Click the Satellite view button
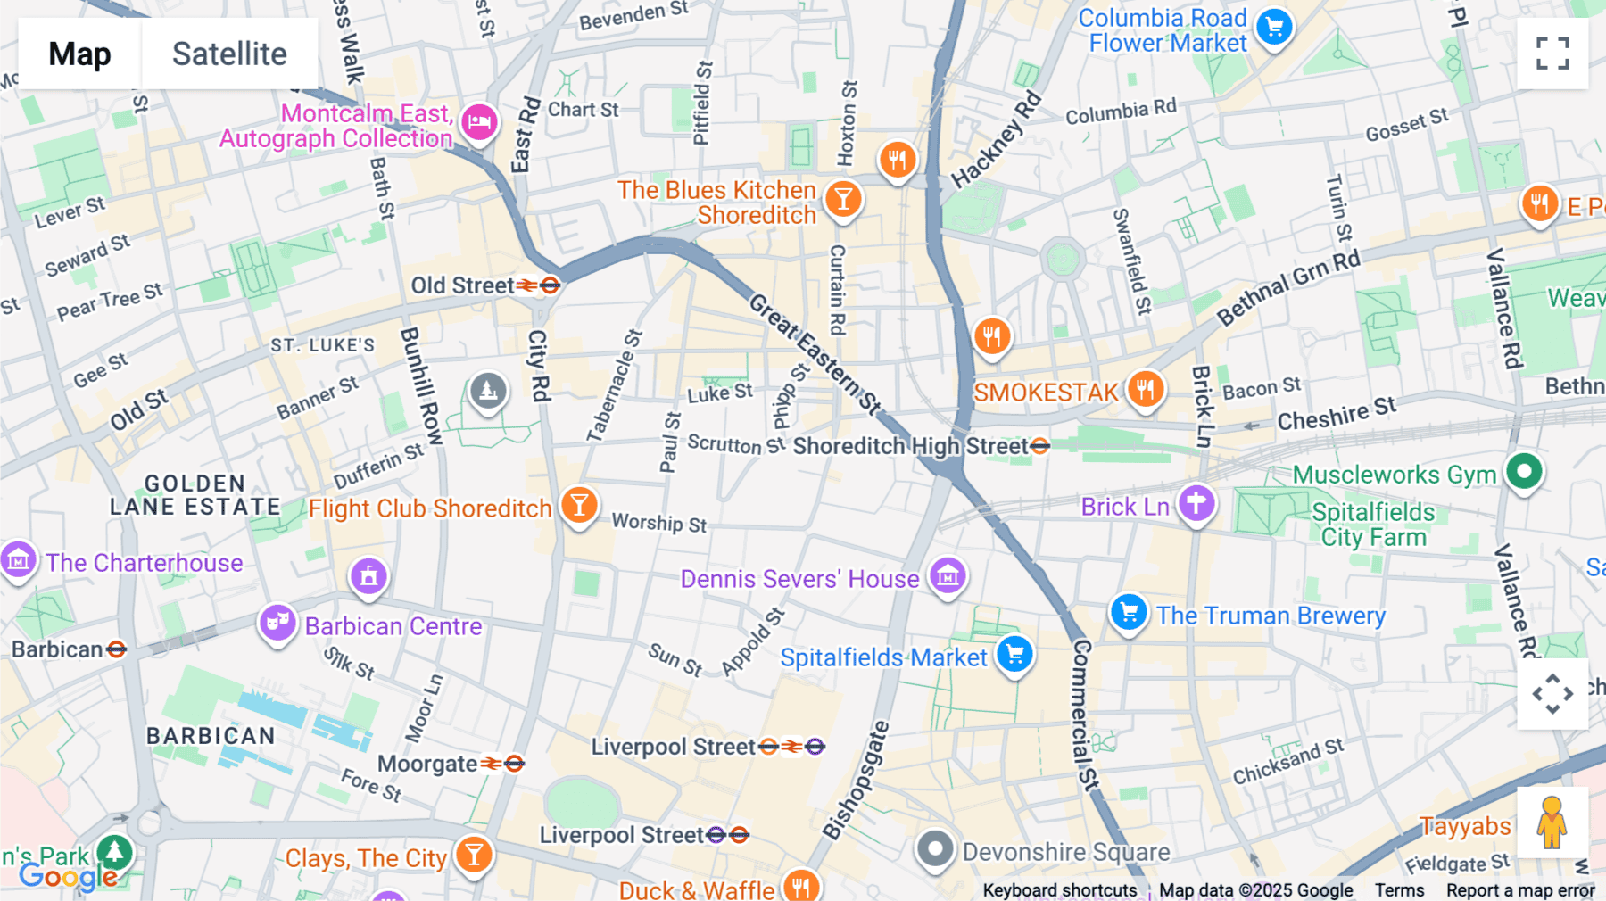click(229, 54)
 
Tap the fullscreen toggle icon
click(1552, 54)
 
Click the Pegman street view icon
click(1552, 822)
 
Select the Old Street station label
click(462, 285)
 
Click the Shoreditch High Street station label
click(910, 446)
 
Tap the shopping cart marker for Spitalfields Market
click(1014, 655)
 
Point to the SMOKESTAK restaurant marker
click(1146, 390)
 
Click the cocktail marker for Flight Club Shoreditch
click(579, 506)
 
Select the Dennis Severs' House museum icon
click(948, 576)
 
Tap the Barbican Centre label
click(393, 626)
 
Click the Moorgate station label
click(427, 764)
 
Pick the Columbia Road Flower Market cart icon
click(1274, 28)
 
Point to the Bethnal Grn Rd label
click(1288, 287)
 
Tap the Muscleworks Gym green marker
click(1524, 471)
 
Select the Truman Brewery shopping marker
click(1129, 613)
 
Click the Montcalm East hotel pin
click(479, 122)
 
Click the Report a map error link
click(1520, 890)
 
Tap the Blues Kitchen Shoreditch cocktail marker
click(843, 199)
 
